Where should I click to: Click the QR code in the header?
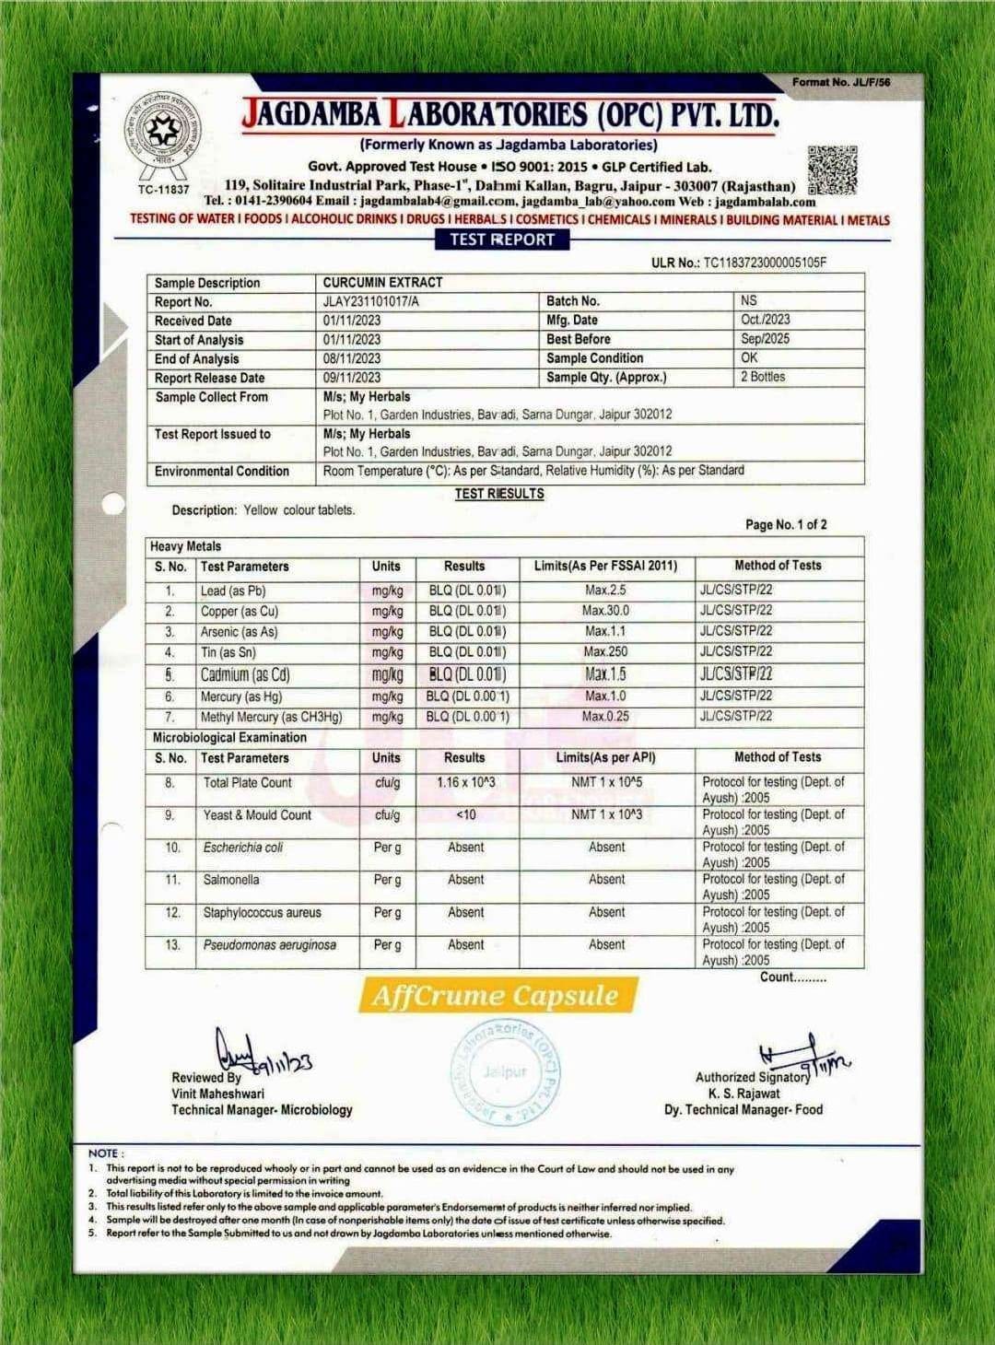coord(832,170)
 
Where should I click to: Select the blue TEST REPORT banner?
coord(502,240)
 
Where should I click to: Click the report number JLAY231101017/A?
coord(370,301)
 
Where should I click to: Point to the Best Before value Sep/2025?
coord(765,338)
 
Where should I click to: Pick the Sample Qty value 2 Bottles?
coord(763,377)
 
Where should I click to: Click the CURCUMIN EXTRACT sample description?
coord(382,282)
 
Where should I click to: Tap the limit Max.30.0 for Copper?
coord(605,611)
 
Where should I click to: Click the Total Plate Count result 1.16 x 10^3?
coord(465,782)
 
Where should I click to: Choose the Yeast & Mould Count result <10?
coord(465,814)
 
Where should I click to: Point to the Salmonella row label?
coord(231,880)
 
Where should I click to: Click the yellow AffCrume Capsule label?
coord(495,996)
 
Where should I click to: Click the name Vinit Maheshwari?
coord(217,1094)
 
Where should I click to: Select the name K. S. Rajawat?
coord(743,1094)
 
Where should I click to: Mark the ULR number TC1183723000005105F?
coord(765,263)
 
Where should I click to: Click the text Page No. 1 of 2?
coord(786,524)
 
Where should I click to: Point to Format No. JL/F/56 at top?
coord(841,82)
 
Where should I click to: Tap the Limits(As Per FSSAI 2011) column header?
coord(605,566)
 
